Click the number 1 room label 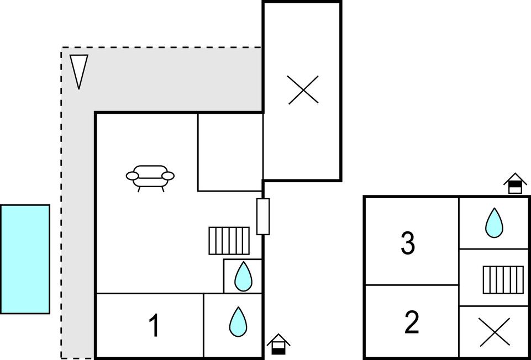point(155,325)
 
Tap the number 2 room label point(412,323)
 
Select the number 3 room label point(408,243)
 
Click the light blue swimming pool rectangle point(25,259)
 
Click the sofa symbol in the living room point(150,177)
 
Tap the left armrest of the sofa point(132,176)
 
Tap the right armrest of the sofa point(168,176)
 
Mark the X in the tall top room point(303,90)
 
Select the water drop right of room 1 point(238,321)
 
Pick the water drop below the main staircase point(243,277)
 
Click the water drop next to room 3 point(494,223)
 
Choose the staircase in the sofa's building point(229,241)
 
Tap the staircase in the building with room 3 point(503,280)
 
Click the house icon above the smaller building point(515,183)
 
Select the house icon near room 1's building point(278,345)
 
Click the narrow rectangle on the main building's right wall point(263,216)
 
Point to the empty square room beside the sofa point(230,152)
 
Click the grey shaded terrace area point(166,80)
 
